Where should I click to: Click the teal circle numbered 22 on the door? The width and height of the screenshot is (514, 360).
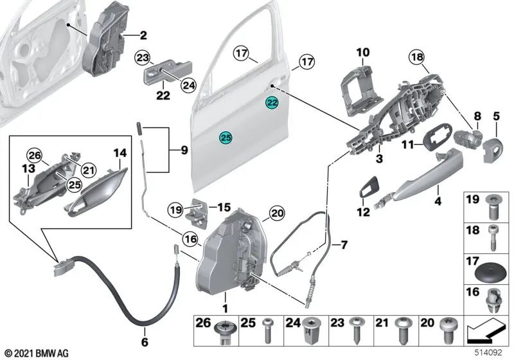click(272, 103)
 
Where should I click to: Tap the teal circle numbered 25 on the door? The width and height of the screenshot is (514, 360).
click(225, 137)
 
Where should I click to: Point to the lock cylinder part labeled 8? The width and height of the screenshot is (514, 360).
click(470, 137)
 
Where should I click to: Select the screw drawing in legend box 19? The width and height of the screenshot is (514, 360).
click(493, 207)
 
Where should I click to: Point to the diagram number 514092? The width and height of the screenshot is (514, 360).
click(491, 352)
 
